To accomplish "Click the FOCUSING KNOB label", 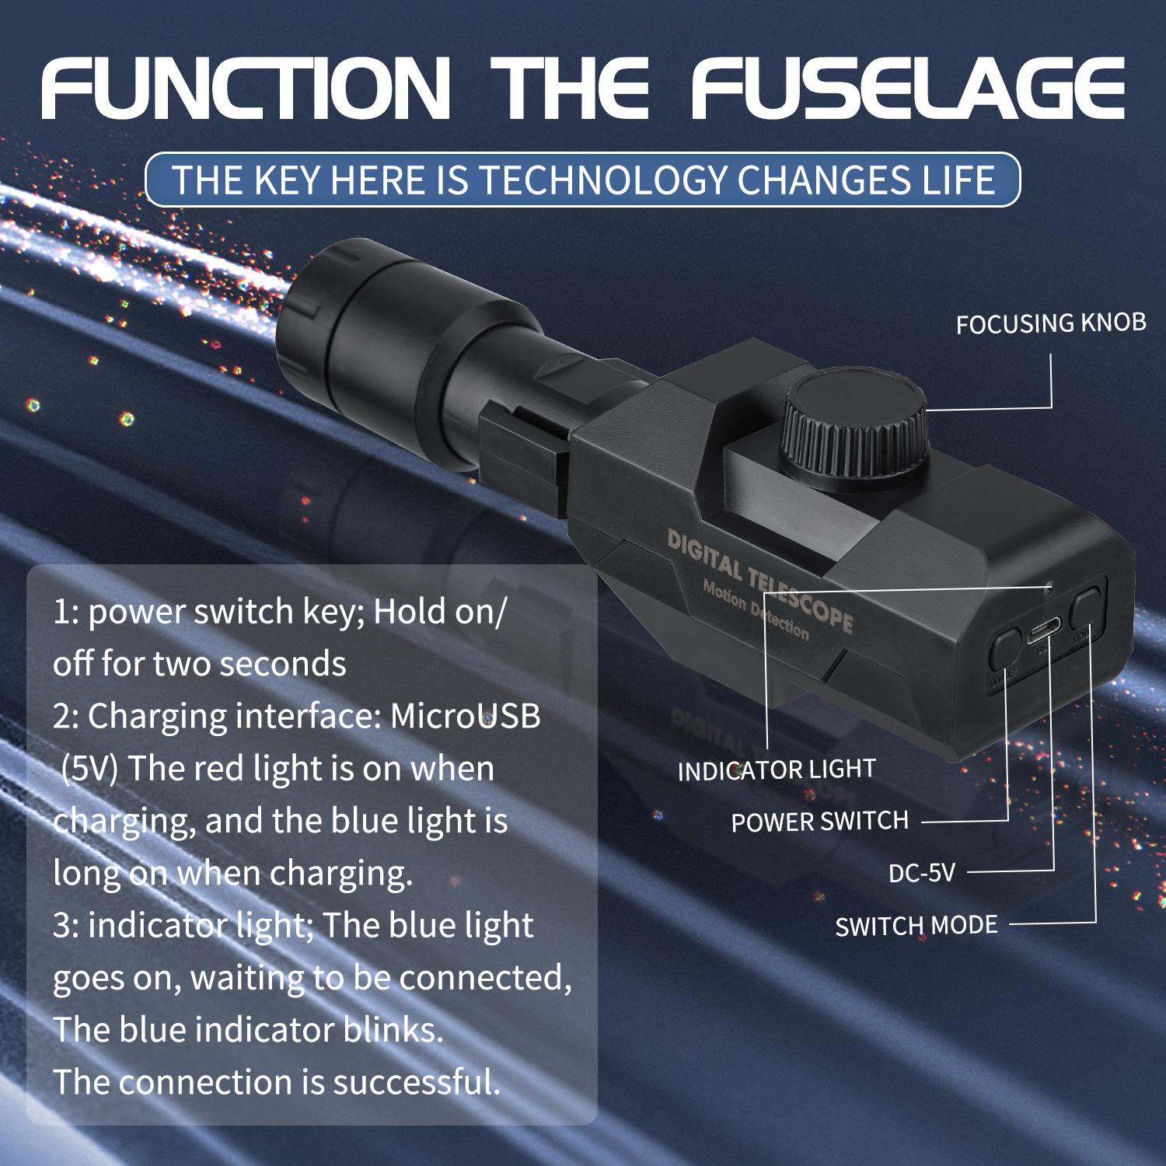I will pyautogui.click(x=1051, y=323).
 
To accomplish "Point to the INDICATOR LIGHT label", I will pyautogui.click(x=777, y=770).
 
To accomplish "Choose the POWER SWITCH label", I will pyautogui.click(x=819, y=822).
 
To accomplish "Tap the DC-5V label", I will pyautogui.click(x=921, y=873).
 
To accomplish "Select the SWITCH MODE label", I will pyautogui.click(x=916, y=926).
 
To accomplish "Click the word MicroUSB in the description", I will pyautogui.click(x=465, y=716).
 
